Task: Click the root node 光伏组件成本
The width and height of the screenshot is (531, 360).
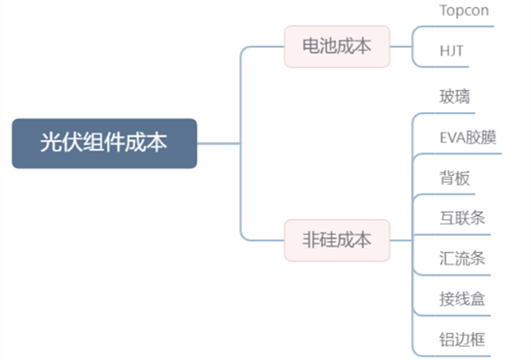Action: pyautogui.click(x=105, y=143)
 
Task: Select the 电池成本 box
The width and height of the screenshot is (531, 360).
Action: pyautogui.click(x=337, y=46)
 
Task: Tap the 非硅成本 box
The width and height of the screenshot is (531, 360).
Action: pyautogui.click(x=337, y=240)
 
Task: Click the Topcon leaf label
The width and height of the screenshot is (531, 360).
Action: pyautogui.click(x=464, y=11)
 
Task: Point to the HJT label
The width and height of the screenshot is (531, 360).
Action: pyautogui.click(x=451, y=51)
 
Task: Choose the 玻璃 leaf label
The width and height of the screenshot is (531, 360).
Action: pyautogui.click(x=454, y=97)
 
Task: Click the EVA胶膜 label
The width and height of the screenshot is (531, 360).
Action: pyautogui.click(x=468, y=137)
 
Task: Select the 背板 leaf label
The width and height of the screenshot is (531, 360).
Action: pyautogui.click(x=454, y=178)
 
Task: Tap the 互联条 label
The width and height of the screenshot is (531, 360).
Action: pyautogui.click(x=462, y=218)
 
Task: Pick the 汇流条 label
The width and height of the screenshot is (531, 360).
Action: pyautogui.click(x=462, y=258)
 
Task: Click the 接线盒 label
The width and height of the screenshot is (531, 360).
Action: pyautogui.click(x=462, y=299)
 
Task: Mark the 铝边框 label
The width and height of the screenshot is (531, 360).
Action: pyautogui.click(x=462, y=340)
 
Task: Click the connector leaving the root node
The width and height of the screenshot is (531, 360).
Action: pyautogui.click(x=218, y=143)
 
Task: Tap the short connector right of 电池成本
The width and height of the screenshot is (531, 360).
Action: pyautogui.click(x=401, y=47)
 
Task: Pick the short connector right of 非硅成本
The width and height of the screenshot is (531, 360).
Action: pyautogui.click(x=401, y=240)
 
